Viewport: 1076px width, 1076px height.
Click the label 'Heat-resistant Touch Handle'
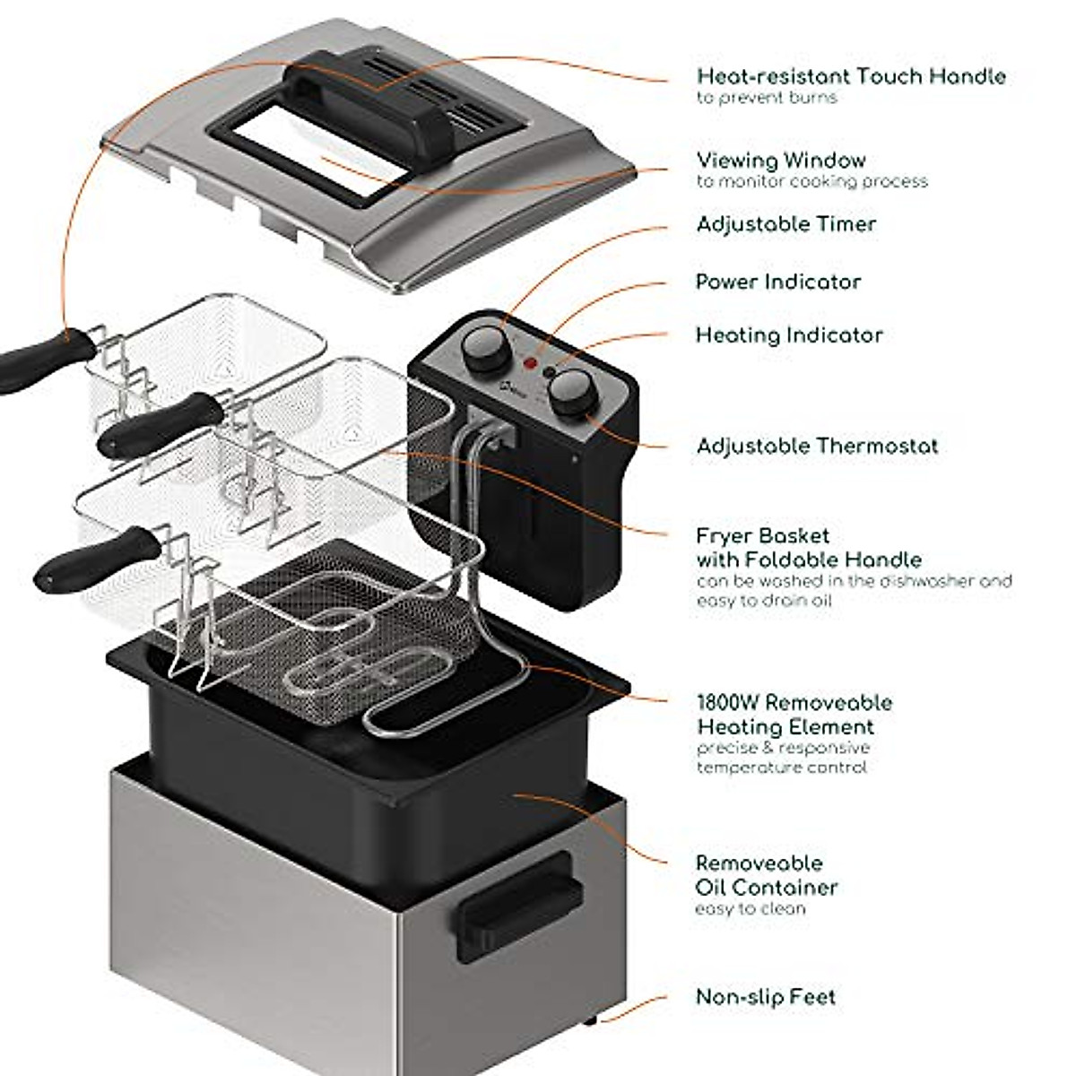click(x=851, y=76)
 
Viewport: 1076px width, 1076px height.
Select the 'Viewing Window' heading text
click(x=781, y=161)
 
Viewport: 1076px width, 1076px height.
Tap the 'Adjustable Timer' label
click(x=785, y=224)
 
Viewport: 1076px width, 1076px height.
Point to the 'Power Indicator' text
click(x=778, y=282)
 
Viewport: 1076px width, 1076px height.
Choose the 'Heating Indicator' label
click(x=789, y=335)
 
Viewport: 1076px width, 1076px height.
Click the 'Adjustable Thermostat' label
click(x=817, y=446)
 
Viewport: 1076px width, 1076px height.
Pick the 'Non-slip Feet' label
click(x=766, y=997)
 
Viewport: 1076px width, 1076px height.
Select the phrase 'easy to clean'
click(x=751, y=909)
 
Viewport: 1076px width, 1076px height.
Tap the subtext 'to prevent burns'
click(x=767, y=98)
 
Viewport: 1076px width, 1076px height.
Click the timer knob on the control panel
click(x=482, y=345)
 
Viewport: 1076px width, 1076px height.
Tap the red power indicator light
click(x=530, y=365)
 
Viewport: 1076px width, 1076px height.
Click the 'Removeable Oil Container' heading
click(x=767, y=875)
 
